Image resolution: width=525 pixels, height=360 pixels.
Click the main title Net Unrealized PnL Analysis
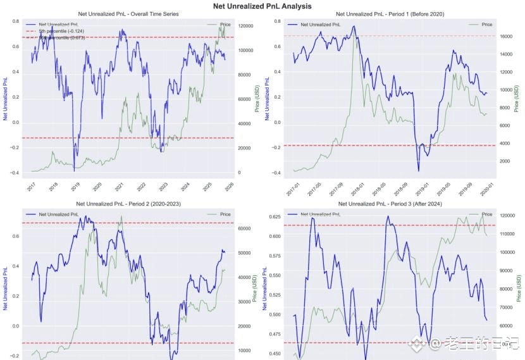click(x=262, y=6)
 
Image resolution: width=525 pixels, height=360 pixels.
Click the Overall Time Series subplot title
click(x=128, y=14)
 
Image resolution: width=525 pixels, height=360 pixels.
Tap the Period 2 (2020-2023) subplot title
click(x=128, y=204)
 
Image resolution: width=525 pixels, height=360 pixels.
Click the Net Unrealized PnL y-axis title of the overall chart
click(x=6, y=98)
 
